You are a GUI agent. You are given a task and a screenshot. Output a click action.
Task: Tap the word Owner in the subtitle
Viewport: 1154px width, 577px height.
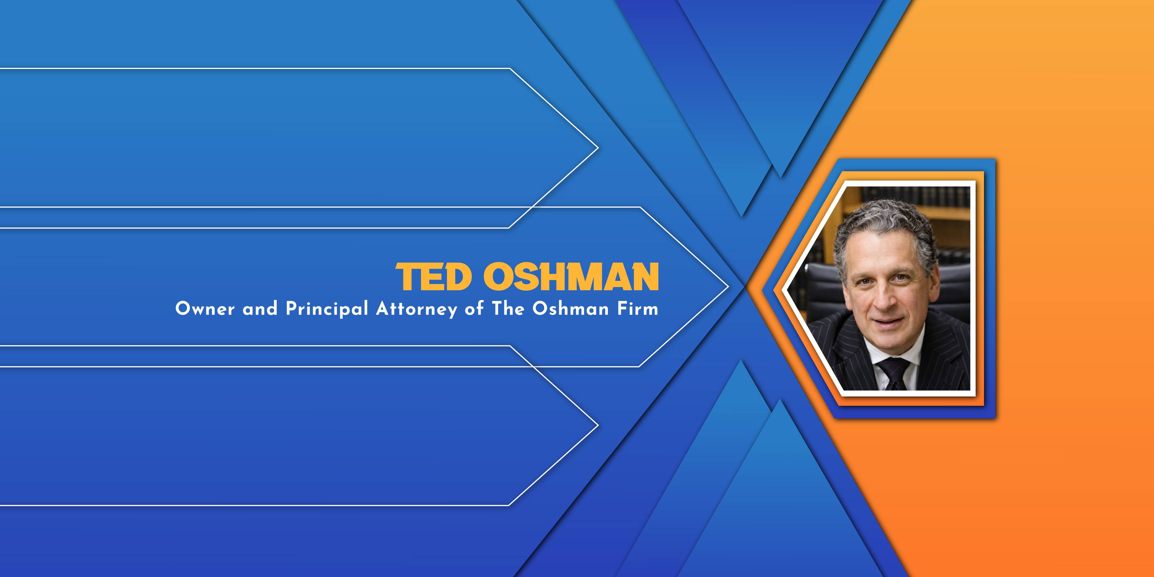pyautogui.click(x=205, y=309)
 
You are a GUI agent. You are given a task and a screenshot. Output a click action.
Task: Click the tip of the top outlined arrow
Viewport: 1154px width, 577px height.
pyautogui.click(x=598, y=148)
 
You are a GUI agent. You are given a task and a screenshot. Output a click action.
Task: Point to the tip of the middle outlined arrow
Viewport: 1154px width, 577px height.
pyautogui.click(x=728, y=287)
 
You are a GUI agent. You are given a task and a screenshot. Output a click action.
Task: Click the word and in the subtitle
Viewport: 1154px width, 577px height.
pyautogui.click(x=260, y=309)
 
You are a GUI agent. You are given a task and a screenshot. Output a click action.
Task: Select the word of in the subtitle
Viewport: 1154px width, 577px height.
pyautogui.click(x=474, y=309)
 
